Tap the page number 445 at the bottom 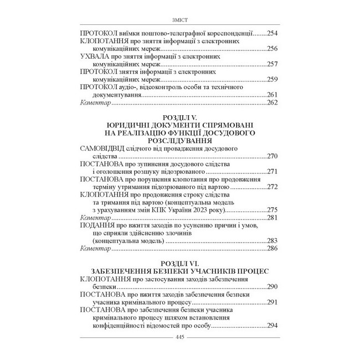(x=180, y=338)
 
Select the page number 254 (x=274, y=33)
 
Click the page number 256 (x=274, y=49)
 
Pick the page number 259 (x=274, y=80)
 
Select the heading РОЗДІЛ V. (x=179, y=118)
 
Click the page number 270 (x=274, y=157)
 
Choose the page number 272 (x=274, y=188)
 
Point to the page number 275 (x=274, y=211)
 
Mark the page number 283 (x=274, y=242)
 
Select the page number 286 (x=274, y=250)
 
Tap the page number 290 (x=274, y=287)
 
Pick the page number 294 (x=274, y=326)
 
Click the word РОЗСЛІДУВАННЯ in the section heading (x=179, y=142)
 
